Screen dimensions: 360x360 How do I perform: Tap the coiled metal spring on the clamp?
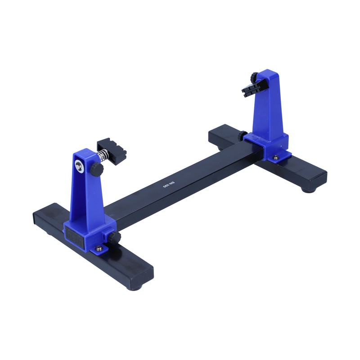[x=103, y=156]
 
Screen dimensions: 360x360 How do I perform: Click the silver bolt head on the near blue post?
[x=79, y=166]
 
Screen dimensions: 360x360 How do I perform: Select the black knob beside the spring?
[x=97, y=170]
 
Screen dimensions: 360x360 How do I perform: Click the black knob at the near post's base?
[x=115, y=238]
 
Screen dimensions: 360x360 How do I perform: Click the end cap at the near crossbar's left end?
[x=35, y=218]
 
